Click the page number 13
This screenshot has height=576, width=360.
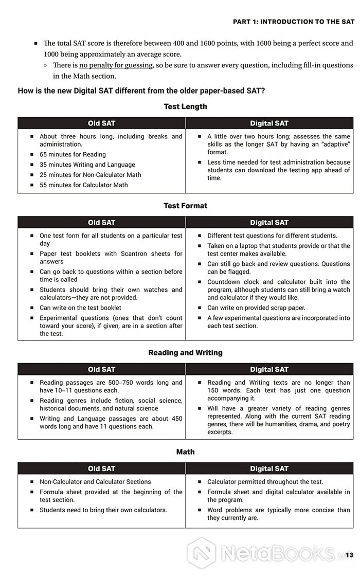click(349, 555)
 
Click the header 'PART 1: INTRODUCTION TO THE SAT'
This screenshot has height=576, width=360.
click(294, 22)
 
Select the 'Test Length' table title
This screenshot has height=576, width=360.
click(185, 106)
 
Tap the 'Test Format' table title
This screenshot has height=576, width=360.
click(185, 206)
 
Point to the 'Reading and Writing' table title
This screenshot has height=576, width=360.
click(185, 353)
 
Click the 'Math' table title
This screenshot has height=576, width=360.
click(185, 452)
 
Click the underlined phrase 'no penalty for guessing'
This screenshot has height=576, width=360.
click(116, 65)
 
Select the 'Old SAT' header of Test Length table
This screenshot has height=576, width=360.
click(101, 123)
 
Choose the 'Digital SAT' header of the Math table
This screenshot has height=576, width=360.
click(269, 469)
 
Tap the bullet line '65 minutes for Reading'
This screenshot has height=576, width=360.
click(73, 154)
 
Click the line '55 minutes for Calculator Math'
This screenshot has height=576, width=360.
click(84, 185)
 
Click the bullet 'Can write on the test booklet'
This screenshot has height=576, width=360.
click(80, 308)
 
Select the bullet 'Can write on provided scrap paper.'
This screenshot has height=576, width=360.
click(256, 308)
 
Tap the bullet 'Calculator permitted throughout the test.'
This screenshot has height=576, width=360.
click(265, 482)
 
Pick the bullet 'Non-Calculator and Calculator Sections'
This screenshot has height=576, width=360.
click(95, 482)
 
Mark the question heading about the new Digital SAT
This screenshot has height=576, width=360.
click(141, 91)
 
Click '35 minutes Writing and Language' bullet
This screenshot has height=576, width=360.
click(87, 165)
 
